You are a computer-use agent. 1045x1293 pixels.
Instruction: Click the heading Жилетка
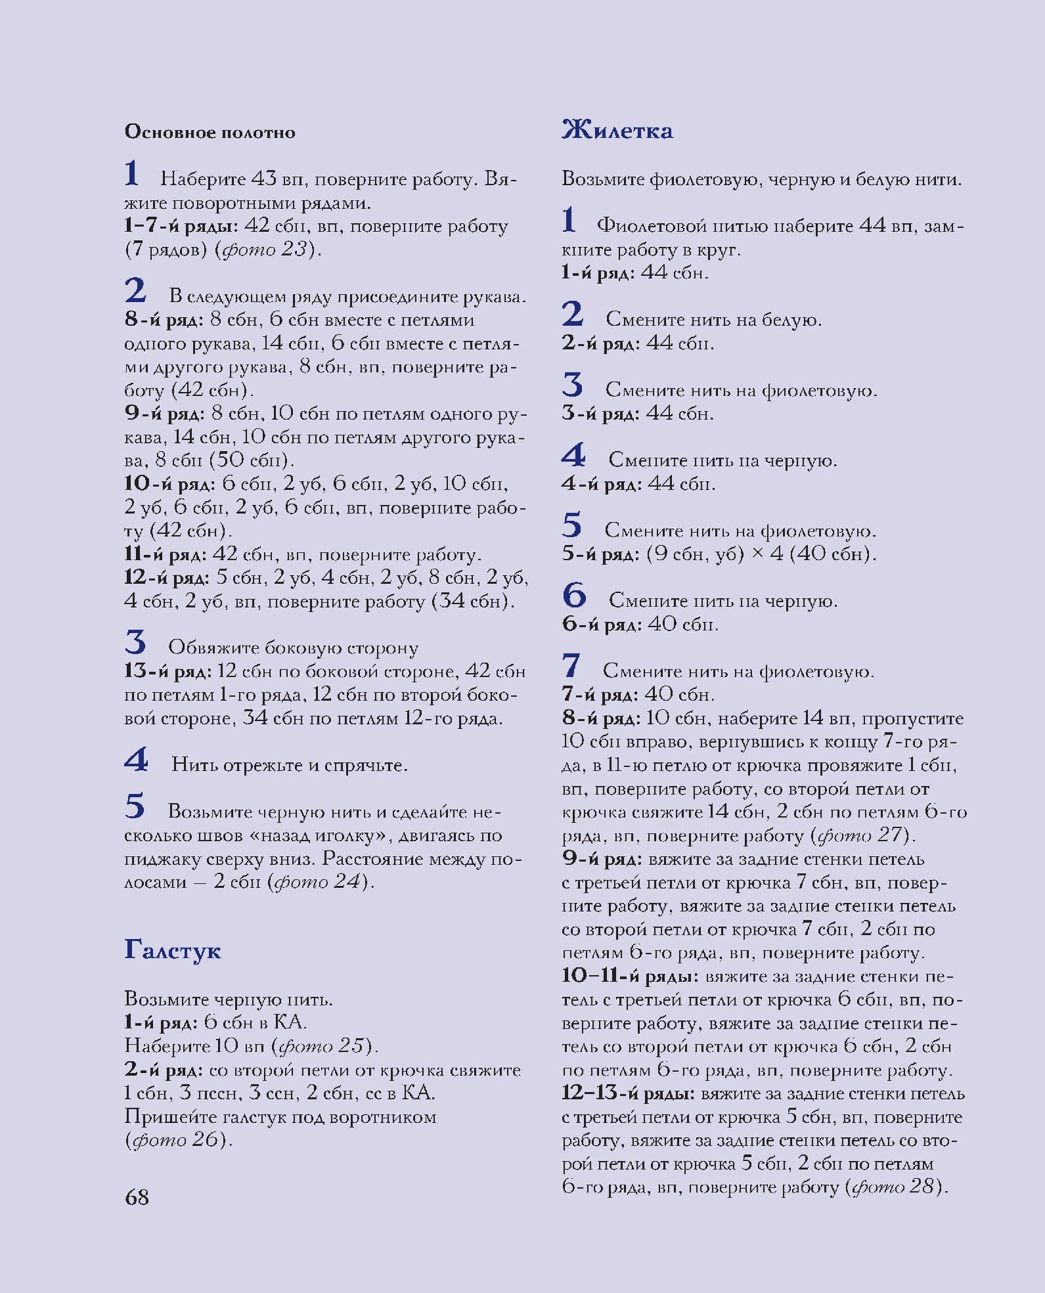click(x=617, y=130)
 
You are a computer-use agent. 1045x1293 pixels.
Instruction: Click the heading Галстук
click(x=172, y=950)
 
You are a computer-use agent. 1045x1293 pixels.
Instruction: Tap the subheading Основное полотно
click(x=210, y=132)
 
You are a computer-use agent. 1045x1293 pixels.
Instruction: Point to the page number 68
click(x=137, y=1197)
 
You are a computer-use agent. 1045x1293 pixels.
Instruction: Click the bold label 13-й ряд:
click(x=167, y=671)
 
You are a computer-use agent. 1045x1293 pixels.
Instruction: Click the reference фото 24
click(x=319, y=881)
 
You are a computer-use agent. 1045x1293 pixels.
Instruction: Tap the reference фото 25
click(x=322, y=1045)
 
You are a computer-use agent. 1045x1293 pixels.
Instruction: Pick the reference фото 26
click(x=176, y=1139)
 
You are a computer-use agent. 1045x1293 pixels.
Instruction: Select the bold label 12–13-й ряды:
click(x=628, y=1093)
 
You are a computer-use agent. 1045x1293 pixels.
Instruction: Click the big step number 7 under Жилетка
click(x=571, y=666)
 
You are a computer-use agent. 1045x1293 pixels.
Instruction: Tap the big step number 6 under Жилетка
click(x=573, y=595)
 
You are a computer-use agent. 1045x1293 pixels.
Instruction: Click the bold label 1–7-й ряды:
click(x=181, y=226)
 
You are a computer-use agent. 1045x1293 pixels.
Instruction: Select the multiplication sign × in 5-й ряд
click(x=757, y=554)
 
